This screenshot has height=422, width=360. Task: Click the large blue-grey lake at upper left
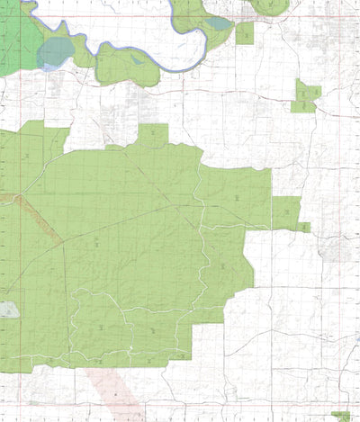pos(53,52)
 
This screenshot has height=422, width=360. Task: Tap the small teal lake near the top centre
pos(218,23)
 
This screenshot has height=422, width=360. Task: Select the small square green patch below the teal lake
pos(244,33)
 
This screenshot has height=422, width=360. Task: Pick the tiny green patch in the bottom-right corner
pos(341,416)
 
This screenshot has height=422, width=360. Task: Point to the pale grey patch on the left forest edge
pos(8,310)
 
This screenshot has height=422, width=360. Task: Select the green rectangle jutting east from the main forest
pos(285,211)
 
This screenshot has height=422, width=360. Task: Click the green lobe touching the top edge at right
pos(270,6)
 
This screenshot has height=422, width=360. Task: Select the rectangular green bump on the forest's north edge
pos(153,134)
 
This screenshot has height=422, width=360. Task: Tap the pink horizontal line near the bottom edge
pos(225,401)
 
